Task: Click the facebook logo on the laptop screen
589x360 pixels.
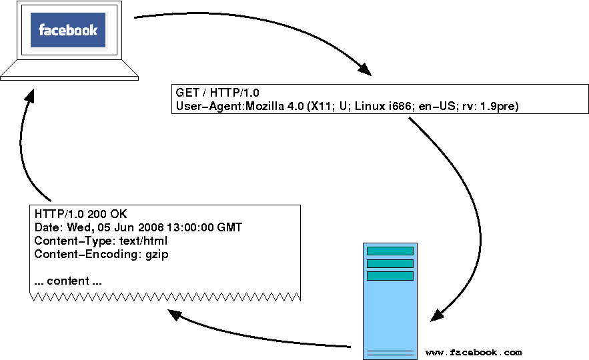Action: (x=68, y=31)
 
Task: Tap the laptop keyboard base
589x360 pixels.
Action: (x=69, y=70)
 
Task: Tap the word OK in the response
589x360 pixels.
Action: (x=117, y=215)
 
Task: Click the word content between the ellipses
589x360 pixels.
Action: (x=68, y=281)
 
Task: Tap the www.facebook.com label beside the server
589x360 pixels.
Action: (x=474, y=352)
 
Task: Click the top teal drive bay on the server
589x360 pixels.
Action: (x=390, y=251)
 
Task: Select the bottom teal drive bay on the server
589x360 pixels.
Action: (x=390, y=276)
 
